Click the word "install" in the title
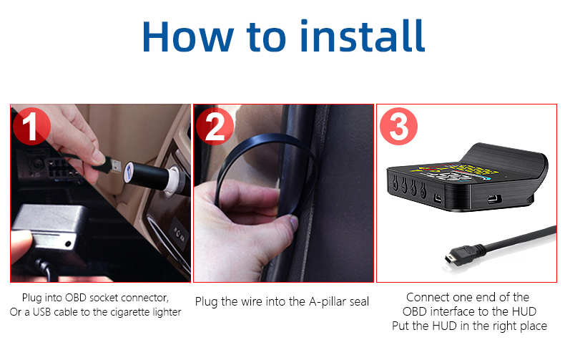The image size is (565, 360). click(363, 36)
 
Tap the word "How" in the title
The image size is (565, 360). click(188, 37)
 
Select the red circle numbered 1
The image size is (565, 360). click(31, 126)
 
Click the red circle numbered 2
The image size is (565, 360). click(215, 126)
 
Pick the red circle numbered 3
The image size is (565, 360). click(398, 126)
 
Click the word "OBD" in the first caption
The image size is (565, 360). click(76, 298)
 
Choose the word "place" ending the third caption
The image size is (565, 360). click(534, 326)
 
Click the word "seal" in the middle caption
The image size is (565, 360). click(360, 301)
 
